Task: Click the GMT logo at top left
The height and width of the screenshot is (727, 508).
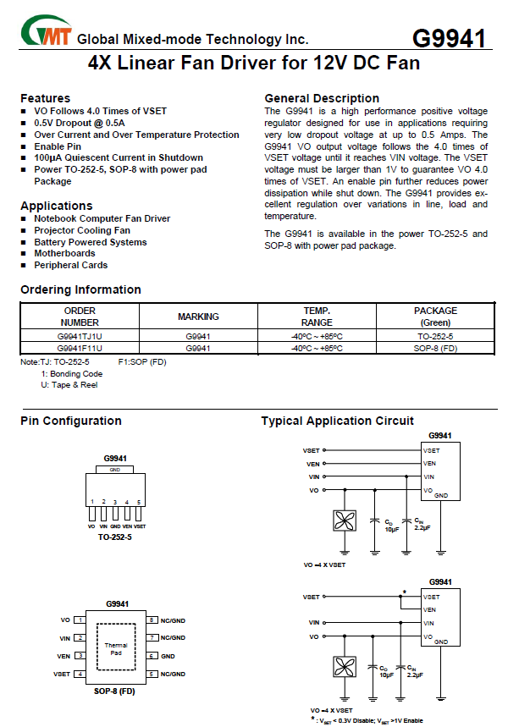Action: tap(47, 34)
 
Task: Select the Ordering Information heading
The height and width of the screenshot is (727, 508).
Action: tap(80, 289)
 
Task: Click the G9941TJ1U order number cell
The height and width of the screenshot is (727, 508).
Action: tap(80, 337)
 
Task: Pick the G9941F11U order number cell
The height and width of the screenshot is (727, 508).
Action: tap(80, 348)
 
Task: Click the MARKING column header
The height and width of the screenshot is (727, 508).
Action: tap(198, 317)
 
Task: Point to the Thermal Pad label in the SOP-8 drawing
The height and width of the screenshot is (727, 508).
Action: tap(116, 649)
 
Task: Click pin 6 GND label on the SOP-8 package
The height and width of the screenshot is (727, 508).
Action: tap(168, 656)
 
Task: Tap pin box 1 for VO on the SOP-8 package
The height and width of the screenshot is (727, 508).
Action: tap(79, 620)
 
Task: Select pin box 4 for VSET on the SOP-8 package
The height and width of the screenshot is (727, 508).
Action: tap(79, 675)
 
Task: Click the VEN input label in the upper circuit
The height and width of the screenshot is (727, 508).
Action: tap(312, 464)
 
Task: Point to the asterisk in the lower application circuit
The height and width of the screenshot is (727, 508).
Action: tap(405, 592)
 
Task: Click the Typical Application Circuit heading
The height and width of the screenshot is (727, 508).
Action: tap(337, 421)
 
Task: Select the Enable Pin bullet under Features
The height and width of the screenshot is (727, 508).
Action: tap(58, 146)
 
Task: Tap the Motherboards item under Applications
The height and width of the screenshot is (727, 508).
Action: tap(64, 253)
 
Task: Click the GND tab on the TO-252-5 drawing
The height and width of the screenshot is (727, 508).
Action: tap(115, 470)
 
